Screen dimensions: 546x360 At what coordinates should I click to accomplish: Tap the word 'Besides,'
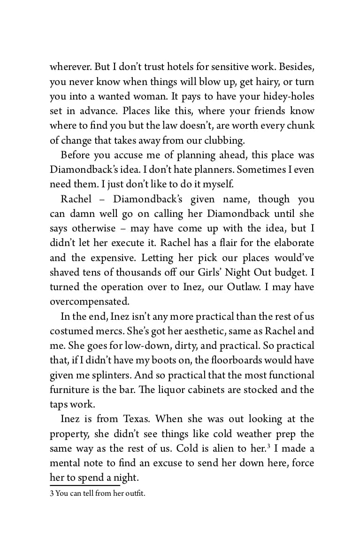[294, 67]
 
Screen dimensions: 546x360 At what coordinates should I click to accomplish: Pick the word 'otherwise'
[93, 228]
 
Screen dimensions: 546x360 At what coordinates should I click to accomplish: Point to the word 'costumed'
[71, 331]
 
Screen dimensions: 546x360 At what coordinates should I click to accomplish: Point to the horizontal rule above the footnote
[85, 485]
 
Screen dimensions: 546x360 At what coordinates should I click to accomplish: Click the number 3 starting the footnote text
[52, 493]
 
